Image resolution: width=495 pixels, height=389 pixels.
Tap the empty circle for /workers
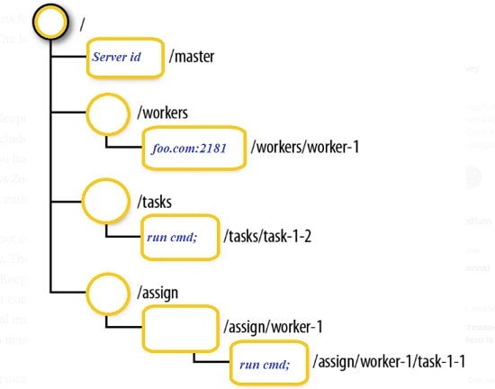[x=108, y=114]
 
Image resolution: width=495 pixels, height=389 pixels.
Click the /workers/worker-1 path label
[x=305, y=146]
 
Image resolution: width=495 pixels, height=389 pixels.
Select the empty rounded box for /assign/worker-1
[x=179, y=329]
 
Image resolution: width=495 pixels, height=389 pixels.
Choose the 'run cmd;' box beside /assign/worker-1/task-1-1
[x=266, y=363]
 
